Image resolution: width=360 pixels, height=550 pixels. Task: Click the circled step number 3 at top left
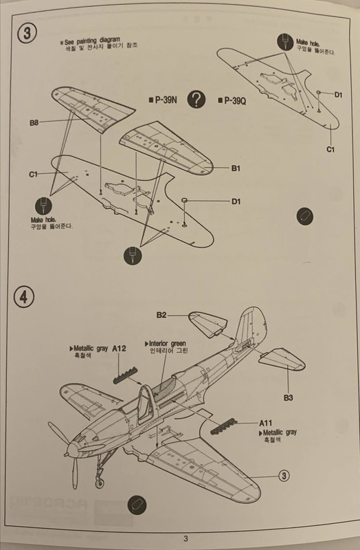(x=27, y=33)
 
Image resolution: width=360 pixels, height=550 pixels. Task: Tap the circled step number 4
(x=24, y=298)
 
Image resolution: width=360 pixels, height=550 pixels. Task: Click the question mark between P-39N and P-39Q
(x=196, y=100)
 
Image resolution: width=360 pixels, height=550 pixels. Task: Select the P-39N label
(x=163, y=100)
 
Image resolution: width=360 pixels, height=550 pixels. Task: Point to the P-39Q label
(x=232, y=101)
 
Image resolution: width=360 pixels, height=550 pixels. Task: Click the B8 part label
(x=34, y=123)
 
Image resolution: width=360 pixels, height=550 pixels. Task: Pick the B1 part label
(x=236, y=168)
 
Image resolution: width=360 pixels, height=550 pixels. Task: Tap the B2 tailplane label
(x=161, y=315)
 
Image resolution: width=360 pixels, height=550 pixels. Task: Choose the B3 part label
(x=289, y=398)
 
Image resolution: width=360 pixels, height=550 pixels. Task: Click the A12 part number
(x=119, y=349)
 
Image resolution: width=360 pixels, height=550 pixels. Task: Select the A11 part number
(x=266, y=423)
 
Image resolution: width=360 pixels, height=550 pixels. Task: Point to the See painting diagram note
(x=92, y=41)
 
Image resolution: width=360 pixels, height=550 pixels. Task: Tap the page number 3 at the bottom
(x=185, y=538)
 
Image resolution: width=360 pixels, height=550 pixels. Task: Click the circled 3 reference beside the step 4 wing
(x=284, y=476)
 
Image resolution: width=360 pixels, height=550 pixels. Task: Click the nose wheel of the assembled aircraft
(x=100, y=483)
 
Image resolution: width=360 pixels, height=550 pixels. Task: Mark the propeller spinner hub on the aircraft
(x=73, y=448)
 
